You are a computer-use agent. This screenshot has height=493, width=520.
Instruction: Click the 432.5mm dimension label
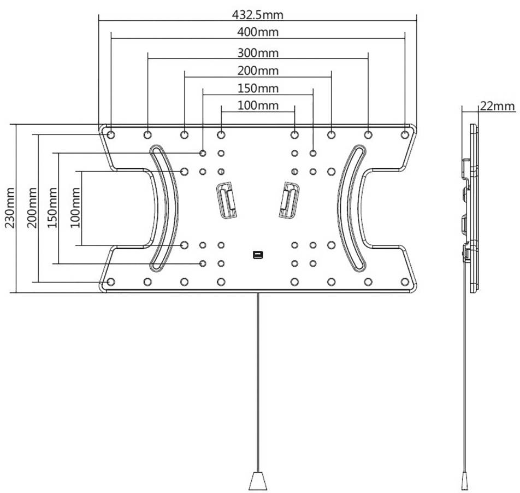tap(257, 15)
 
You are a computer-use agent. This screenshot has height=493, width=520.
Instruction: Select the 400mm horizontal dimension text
tap(258, 32)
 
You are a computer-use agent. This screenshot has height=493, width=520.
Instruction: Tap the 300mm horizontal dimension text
tap(258, 53)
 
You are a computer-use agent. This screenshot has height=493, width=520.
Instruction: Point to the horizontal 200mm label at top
tap(258, 71)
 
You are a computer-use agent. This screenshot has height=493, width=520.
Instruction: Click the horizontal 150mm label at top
tap(258, 89)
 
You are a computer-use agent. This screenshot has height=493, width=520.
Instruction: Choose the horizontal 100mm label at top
tap(258, 105)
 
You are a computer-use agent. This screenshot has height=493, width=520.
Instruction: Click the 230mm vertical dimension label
tap(10, 208)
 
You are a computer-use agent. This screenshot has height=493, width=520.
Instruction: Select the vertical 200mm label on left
tap(32, 208)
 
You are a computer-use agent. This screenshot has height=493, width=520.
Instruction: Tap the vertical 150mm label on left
tap(52, 208)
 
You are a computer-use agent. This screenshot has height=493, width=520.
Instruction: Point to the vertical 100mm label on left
tap(75, 208)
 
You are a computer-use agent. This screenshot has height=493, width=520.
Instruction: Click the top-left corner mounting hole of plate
tap(111, 134)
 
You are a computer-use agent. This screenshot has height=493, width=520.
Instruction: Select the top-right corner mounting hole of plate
tap(405, 134)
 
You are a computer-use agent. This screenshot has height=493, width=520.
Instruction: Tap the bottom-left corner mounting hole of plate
tap(111, 282)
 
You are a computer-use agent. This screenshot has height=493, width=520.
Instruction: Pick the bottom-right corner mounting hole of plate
tap(405, 282)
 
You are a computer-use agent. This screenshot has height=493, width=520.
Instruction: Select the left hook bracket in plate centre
tap(227, 201)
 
